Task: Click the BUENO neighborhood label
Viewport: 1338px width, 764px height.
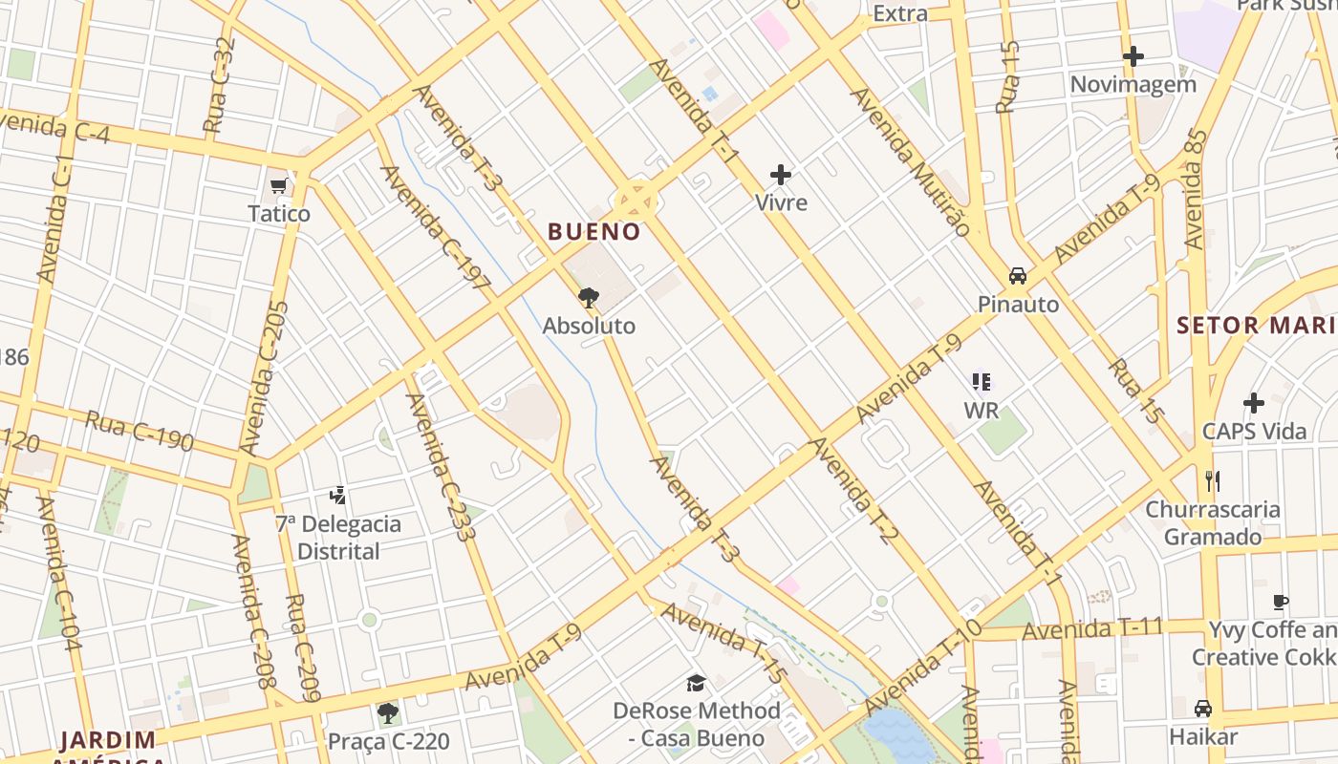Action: pyautogui.click(x=593, y=231)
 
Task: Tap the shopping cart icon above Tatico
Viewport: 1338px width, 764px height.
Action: pyautogui.click(x=279, y=185)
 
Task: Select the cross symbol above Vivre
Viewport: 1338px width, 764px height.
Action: pyautogui.click(x=781, y=175)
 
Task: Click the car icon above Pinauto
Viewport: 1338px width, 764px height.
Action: pyautogui.click(x=1018, y=276)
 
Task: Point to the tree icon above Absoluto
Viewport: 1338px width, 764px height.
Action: pyautogui.click(x=589, y=297)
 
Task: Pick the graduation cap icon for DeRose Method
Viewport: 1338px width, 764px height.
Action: pyautogui.click(x=696, y=684)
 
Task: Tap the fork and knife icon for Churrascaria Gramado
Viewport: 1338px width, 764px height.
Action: pyautogui.click(x=1213, y=480)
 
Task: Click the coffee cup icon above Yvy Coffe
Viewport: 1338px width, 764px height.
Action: pyautogui.click(x=1281, y=602)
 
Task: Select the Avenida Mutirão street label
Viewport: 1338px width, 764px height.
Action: pyautogui.click(x=910, y=161)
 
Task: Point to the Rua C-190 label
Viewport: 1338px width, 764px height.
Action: pyautogui.click(x=140, y=431)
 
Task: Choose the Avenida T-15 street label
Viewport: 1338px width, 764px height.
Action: pyautogui.click(x=724, y=643)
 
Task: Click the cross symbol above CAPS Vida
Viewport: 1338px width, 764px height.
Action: pyautogui.click(x=1254, y=403)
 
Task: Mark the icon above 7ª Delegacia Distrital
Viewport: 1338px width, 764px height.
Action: pyautogui.click(x=337, y=496)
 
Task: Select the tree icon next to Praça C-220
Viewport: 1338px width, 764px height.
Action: pyautogui.click(x=387, y=712)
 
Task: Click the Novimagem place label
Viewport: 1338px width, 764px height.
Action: pyautogui.click(x=1133, y=84)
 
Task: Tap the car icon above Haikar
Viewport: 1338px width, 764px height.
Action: pyautogui.click(x=1203, y=709)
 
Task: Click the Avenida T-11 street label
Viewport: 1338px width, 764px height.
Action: pyautogui.click(x=1091, y=629)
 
